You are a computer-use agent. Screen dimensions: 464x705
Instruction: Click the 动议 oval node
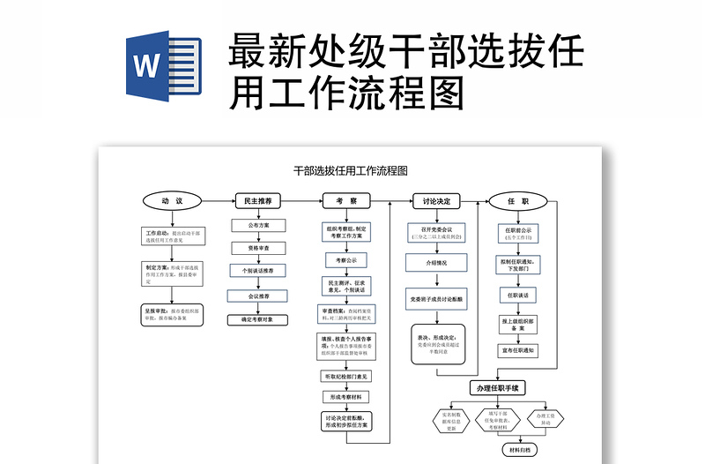pyautogui.click(x=172, y=201)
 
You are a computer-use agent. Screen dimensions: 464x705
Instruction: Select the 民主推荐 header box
pyautogui.click(x=258, y=201)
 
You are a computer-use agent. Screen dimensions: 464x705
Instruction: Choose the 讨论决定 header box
pyautogui.click(x=436, y=201)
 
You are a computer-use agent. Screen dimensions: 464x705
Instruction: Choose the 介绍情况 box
pyautogui.click(x=436, y=263)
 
